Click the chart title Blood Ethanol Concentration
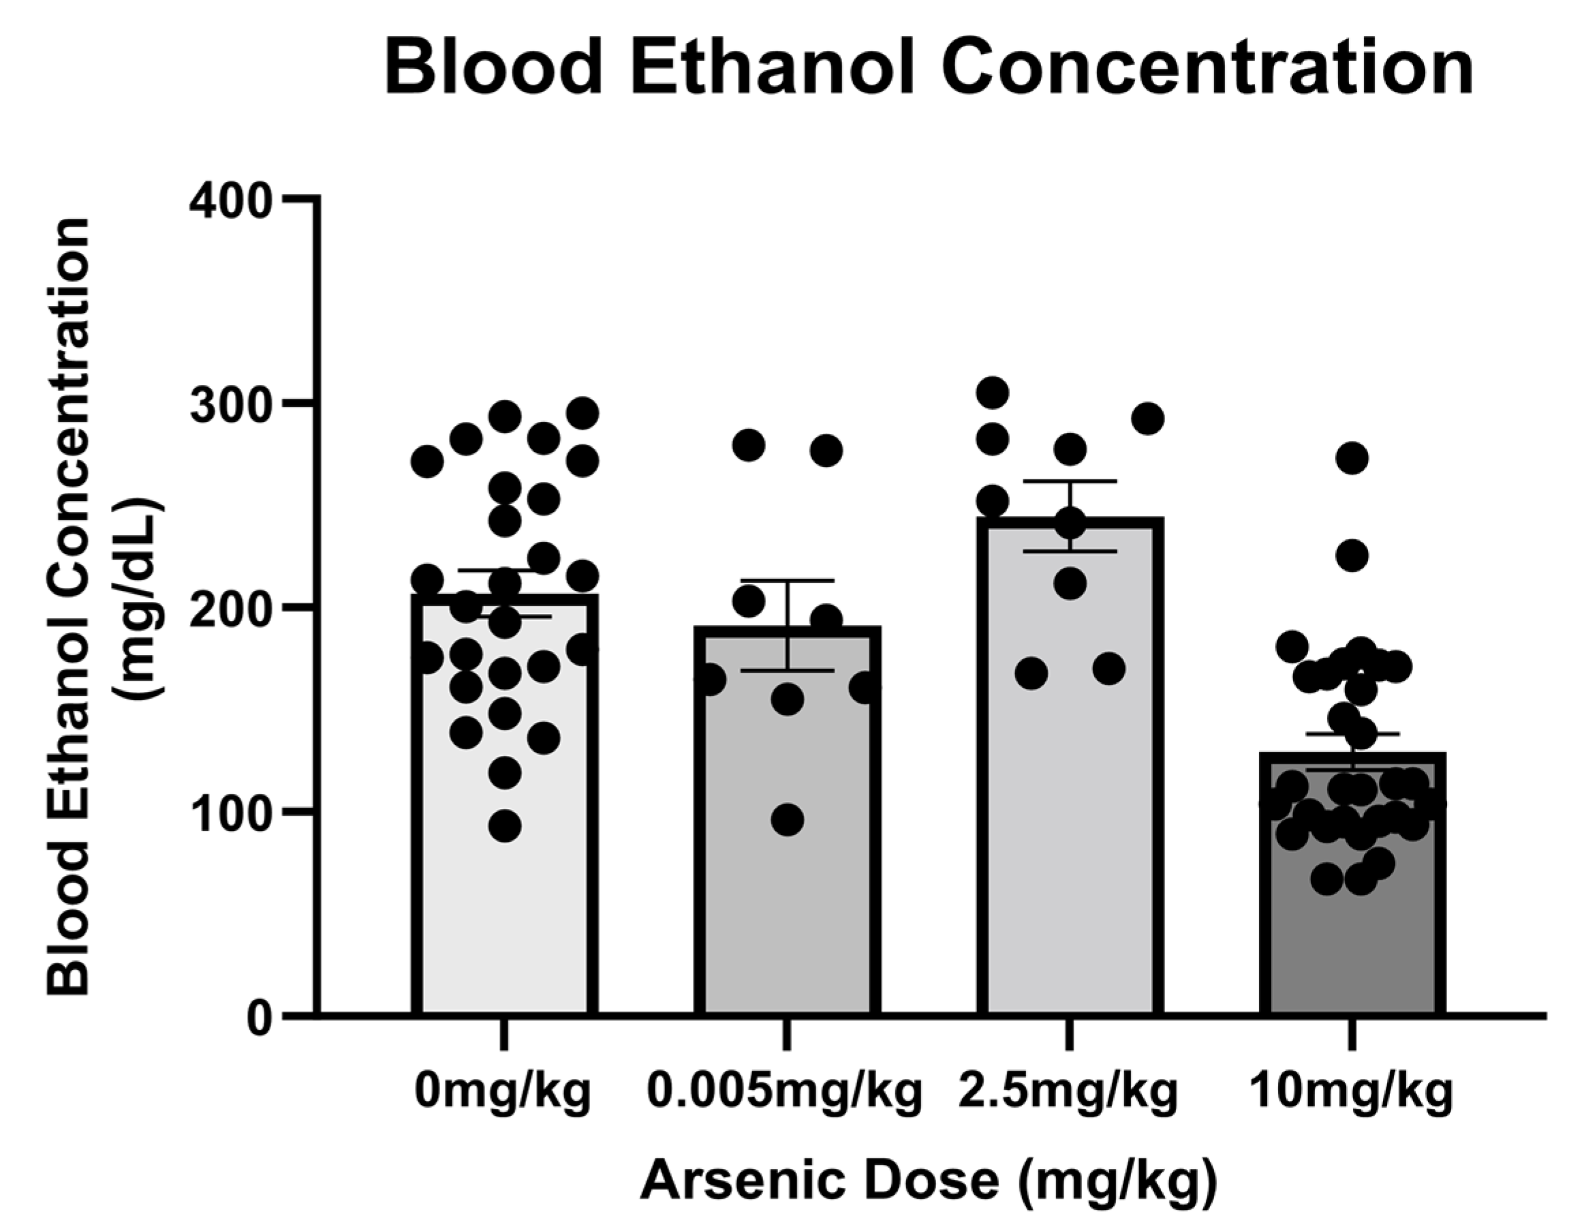coord(929,69)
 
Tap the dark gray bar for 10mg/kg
coord(1352,942)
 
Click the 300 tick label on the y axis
coord(230,404)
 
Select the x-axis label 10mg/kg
coord(1352,1093)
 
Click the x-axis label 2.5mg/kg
coord(1068,1093)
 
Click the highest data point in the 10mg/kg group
coord(1352,458)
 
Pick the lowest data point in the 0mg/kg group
coord(505,826)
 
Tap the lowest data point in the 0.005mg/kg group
coord(788,820)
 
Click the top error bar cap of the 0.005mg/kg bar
coord(788,581)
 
